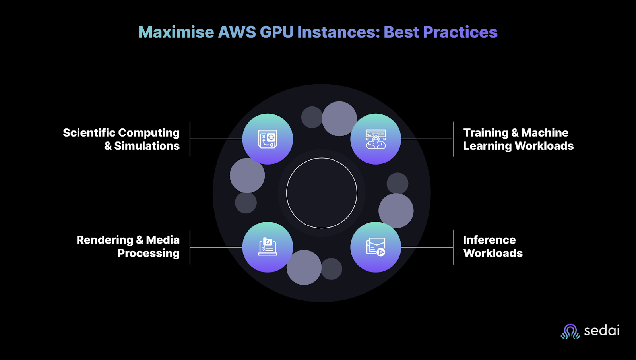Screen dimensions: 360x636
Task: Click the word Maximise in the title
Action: pyautogui.click(x=176, y=32)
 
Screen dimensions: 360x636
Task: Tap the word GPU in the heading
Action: pyautogui.click(x=276, y=32)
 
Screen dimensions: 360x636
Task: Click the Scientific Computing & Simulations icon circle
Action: pyautogui.click(x=268, y=139)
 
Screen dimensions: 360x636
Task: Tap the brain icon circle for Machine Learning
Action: pyautogui.click(x=376, y=139)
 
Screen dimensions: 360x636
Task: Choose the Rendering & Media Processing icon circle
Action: pyautogui.click(x=268, y=247)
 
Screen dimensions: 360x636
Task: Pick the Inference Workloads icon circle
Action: pyautogui.click(x=376, y=247)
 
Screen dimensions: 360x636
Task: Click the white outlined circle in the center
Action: pyautogui.click(x=322, y=193)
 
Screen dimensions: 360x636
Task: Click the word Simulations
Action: pyautogui.click(x=147, y=146)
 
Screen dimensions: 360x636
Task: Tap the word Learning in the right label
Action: pyautogui.click(x=487, y=146)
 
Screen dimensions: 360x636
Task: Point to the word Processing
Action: pyautogui.click(x=148, y=254)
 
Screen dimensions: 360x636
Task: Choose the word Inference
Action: pyautogui.click(x=489, y=240)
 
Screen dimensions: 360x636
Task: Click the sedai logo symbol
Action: pyautogui.click(x=570, y=331)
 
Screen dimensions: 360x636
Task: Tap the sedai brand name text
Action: pyautogui.click(x=601, y=331)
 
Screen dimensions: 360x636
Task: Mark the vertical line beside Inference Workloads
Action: pyautogui.click(x=453, y=247)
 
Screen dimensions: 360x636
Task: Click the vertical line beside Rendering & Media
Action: pyautogui.click(x=190, y=247)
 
